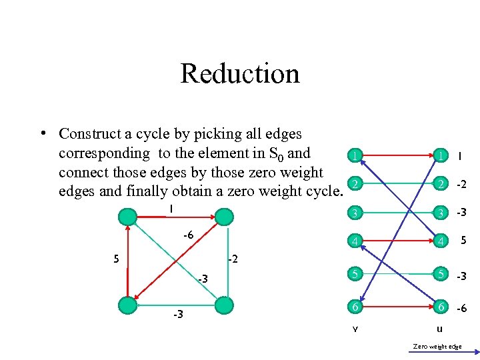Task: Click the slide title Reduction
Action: point(240,73)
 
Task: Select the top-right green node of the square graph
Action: point(225,217)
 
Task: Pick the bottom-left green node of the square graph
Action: point(127,305)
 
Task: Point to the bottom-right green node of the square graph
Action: point(225,305)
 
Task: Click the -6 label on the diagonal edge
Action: point(189,235)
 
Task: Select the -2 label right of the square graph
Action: point(233,259)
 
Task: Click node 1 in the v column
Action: point(357,156)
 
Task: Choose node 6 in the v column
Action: point(357,307)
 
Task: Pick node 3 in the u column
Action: point(439,213)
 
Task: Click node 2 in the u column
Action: point(439,185)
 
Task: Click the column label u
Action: point(439,329)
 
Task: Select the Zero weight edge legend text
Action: point(437,347)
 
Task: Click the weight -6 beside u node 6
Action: point(461,308)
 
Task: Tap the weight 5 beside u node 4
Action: point(461,242)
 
